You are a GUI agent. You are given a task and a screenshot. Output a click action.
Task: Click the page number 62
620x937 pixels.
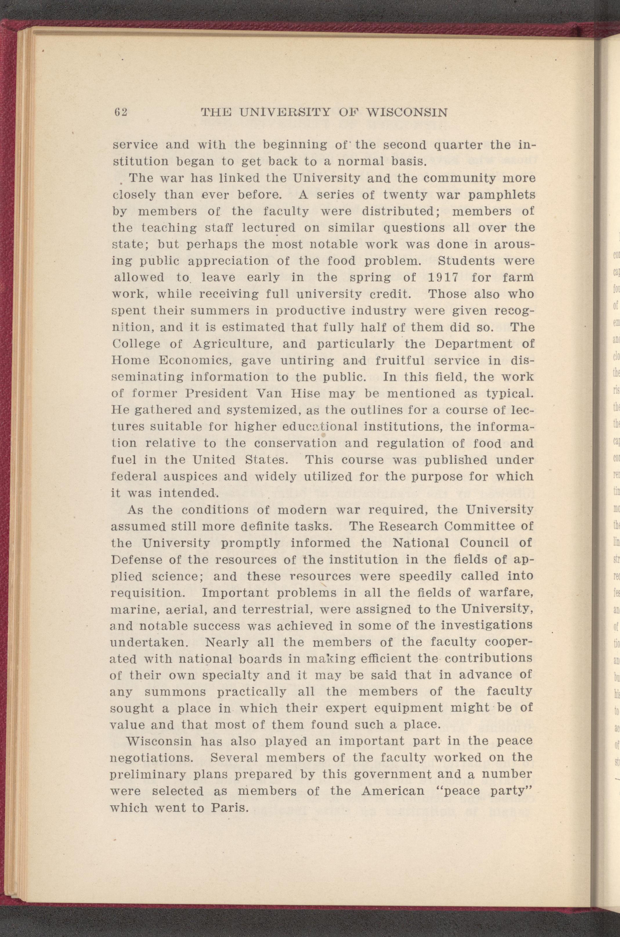pos(120,112)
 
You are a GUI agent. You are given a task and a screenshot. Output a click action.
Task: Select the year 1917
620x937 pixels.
pos(443,278)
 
